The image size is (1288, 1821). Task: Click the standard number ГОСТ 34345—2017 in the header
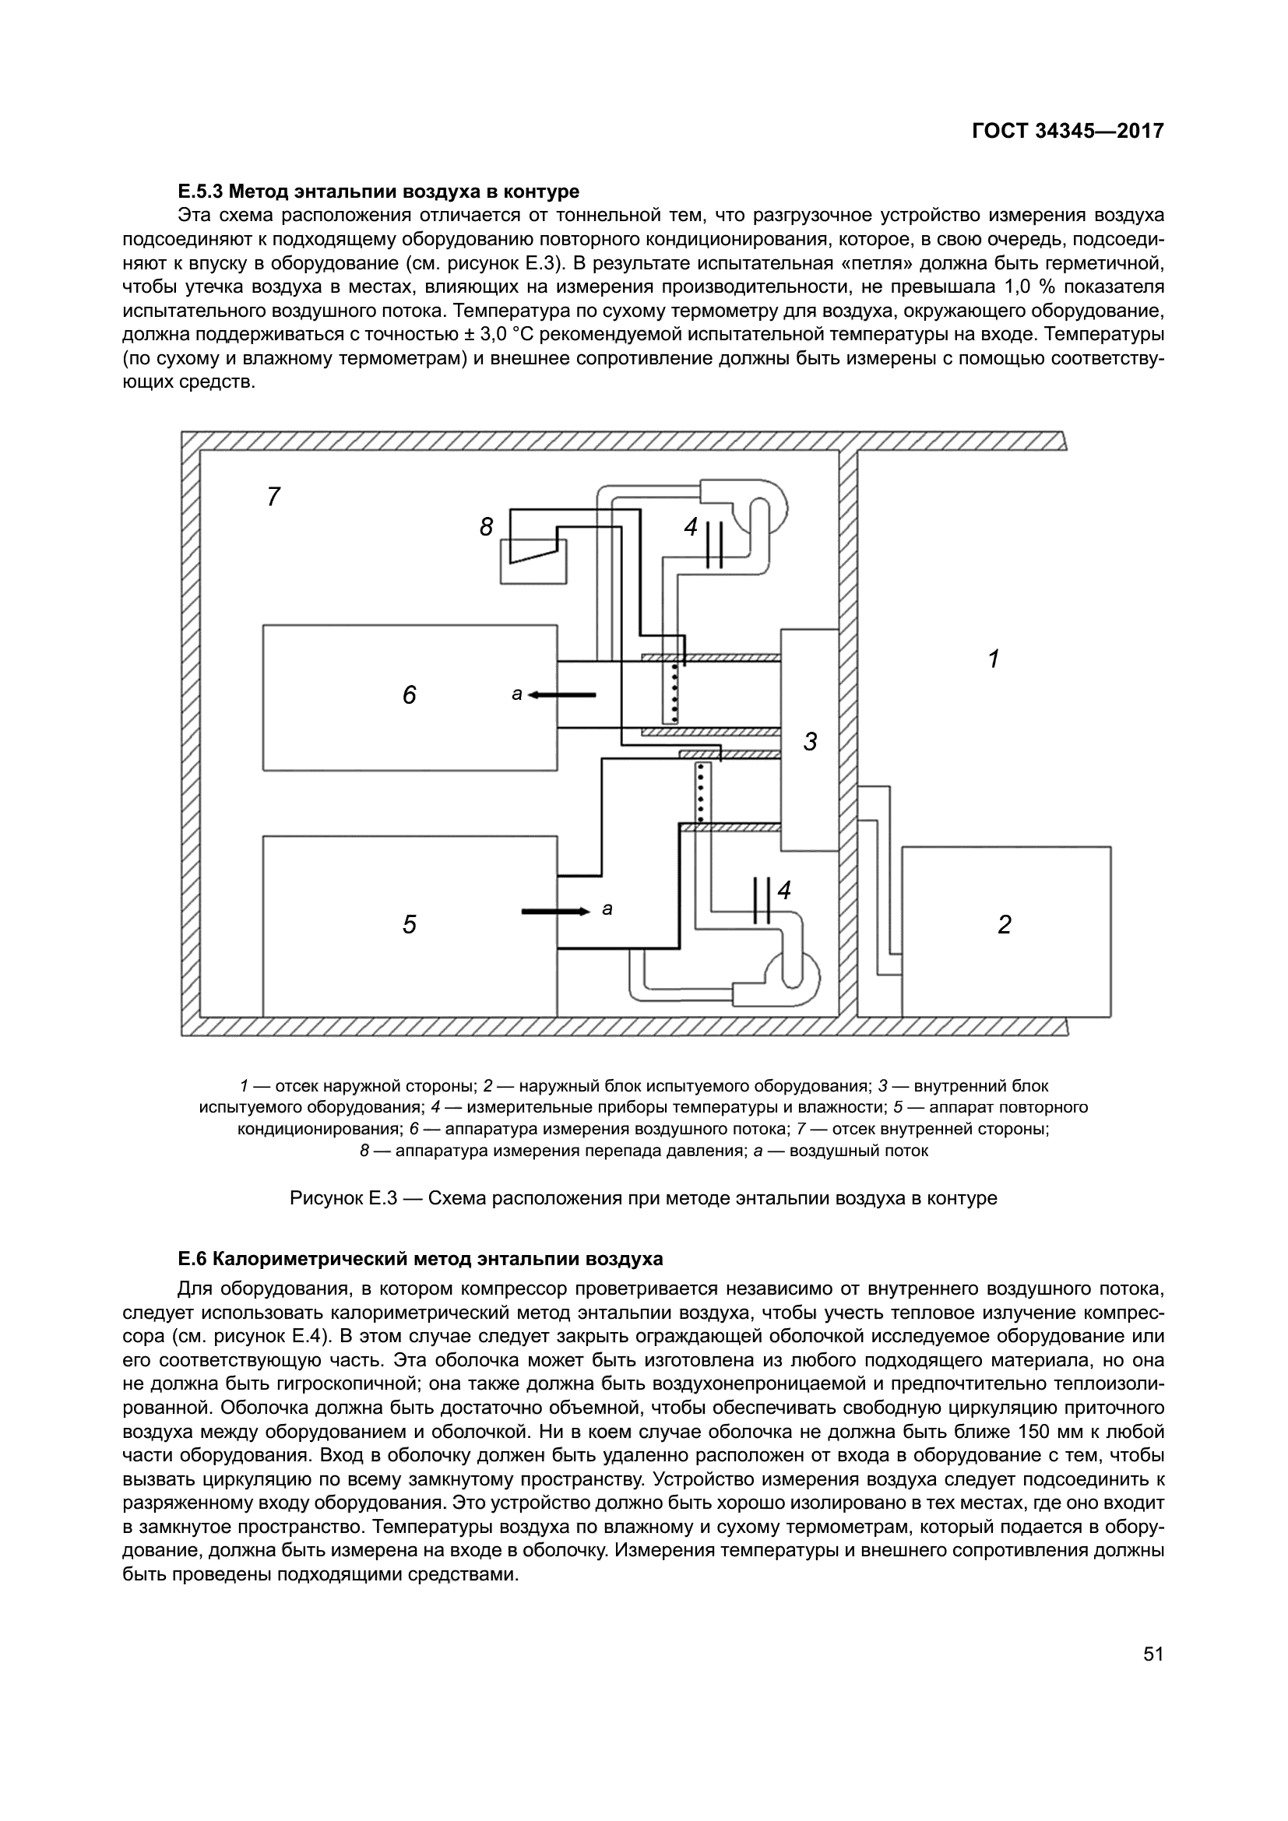click(1068, 132)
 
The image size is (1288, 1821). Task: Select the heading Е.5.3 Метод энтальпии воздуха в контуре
click(378, 192)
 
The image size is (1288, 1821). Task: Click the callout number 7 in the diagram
click(273, 497)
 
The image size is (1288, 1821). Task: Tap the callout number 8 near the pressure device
click(486, 526)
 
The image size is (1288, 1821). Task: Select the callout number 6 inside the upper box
click(410, 695)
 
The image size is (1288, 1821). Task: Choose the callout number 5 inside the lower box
click(410, 924)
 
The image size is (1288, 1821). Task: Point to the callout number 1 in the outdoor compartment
click(993, 659)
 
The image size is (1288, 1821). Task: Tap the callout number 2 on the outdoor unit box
click(1005, 925)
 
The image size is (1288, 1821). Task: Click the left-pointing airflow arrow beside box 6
click(561, 694)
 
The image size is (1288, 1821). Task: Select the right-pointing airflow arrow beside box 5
click(556, 912)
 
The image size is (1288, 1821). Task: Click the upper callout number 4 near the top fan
click(691, 526)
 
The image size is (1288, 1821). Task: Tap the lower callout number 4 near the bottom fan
click(784, 891)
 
